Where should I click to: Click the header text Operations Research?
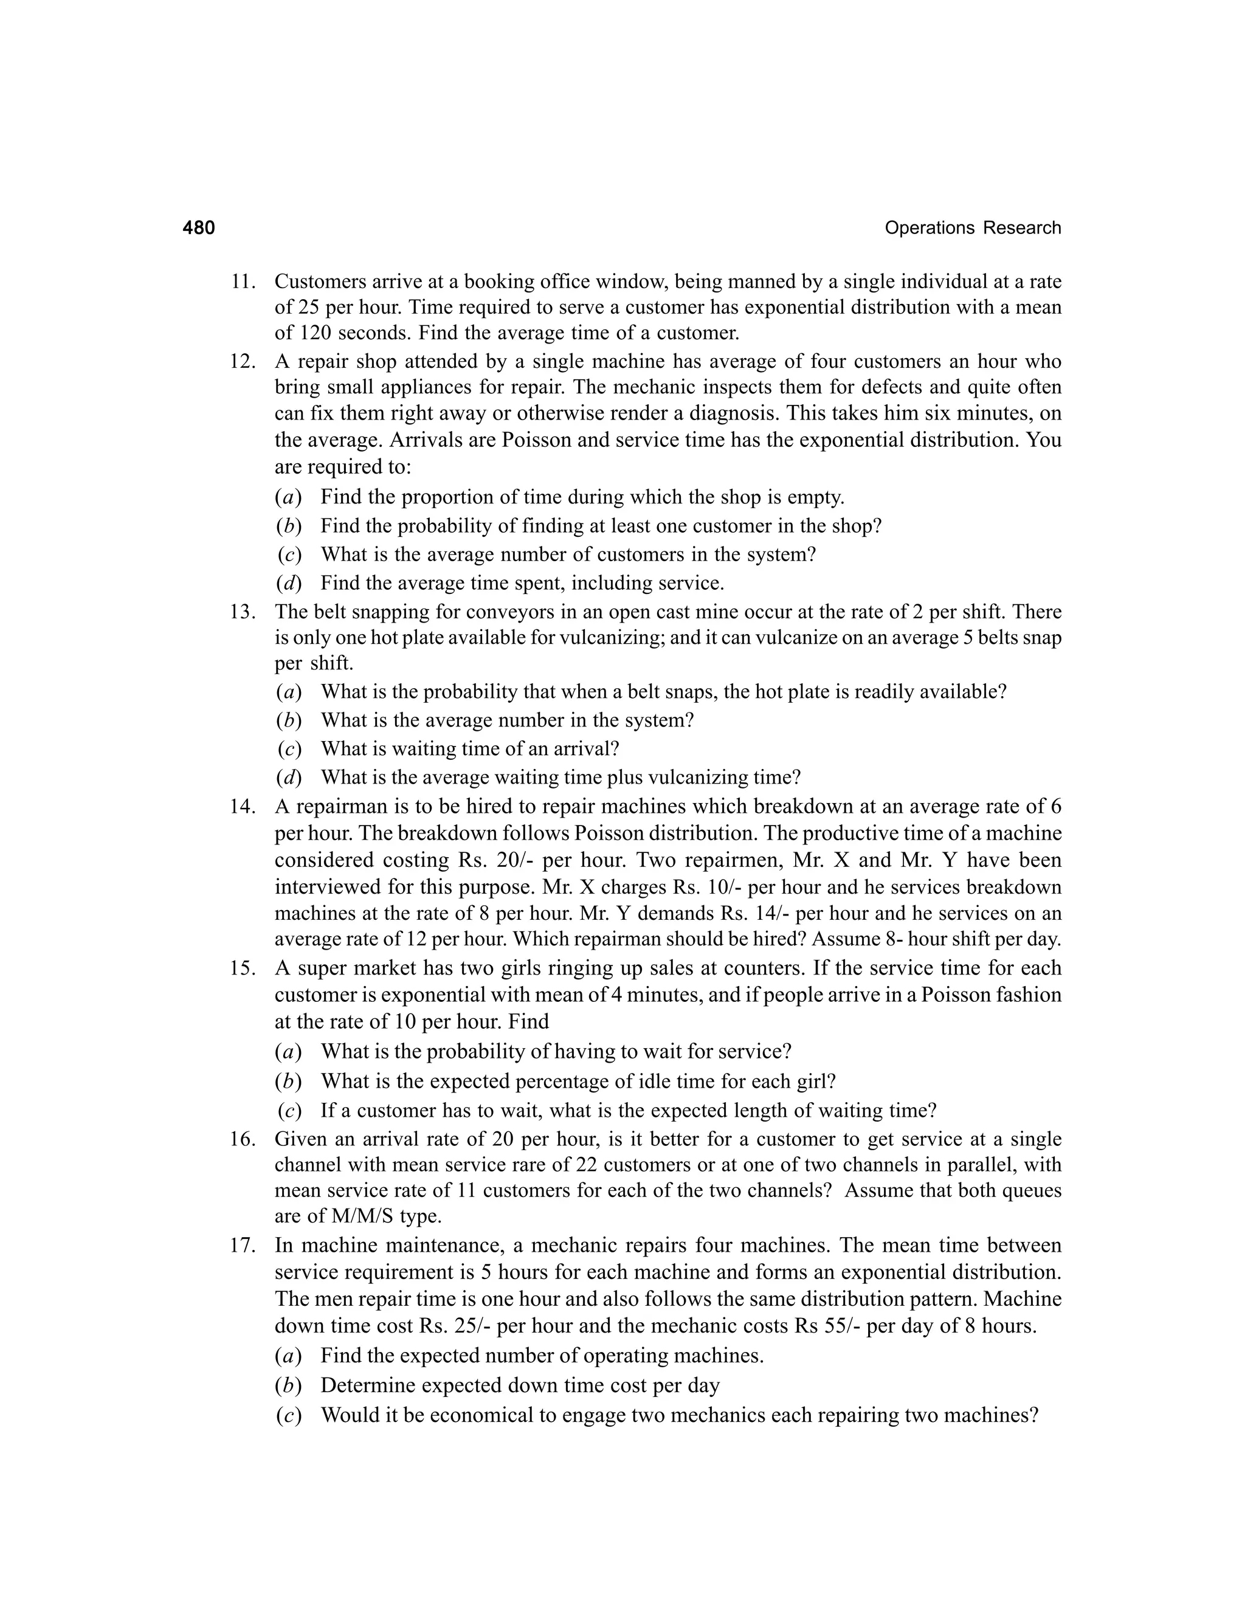tap(972, 228)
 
